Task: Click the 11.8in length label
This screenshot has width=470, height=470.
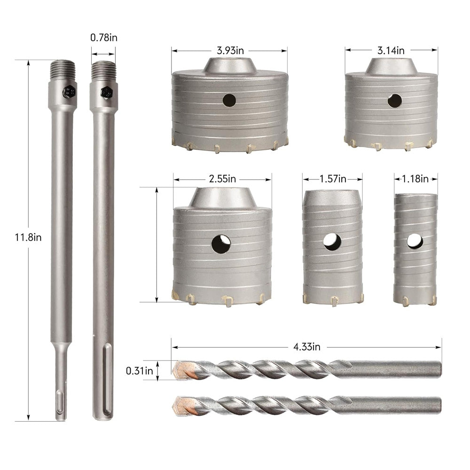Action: tap(28, 237)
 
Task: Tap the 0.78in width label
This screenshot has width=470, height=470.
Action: tap(103, 38)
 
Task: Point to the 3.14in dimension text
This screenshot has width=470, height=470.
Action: tap(392, 50)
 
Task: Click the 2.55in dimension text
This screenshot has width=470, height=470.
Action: tap(223, 179)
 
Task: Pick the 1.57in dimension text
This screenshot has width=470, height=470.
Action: tap(333, 179)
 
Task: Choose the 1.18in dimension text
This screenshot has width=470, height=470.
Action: tap(415, 179)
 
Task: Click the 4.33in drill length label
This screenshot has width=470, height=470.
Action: tap(306, 347)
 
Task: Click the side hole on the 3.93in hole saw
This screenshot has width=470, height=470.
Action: tap(229, 100)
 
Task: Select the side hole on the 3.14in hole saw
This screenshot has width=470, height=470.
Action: tap(394, 101)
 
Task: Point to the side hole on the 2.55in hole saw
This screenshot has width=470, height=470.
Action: tap(221, 244)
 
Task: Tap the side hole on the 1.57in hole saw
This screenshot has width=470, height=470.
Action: tap(332, 242)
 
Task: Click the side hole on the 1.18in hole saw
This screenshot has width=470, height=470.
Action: tap(415, 241)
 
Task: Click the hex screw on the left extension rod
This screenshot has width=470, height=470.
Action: tap(69, 91)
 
